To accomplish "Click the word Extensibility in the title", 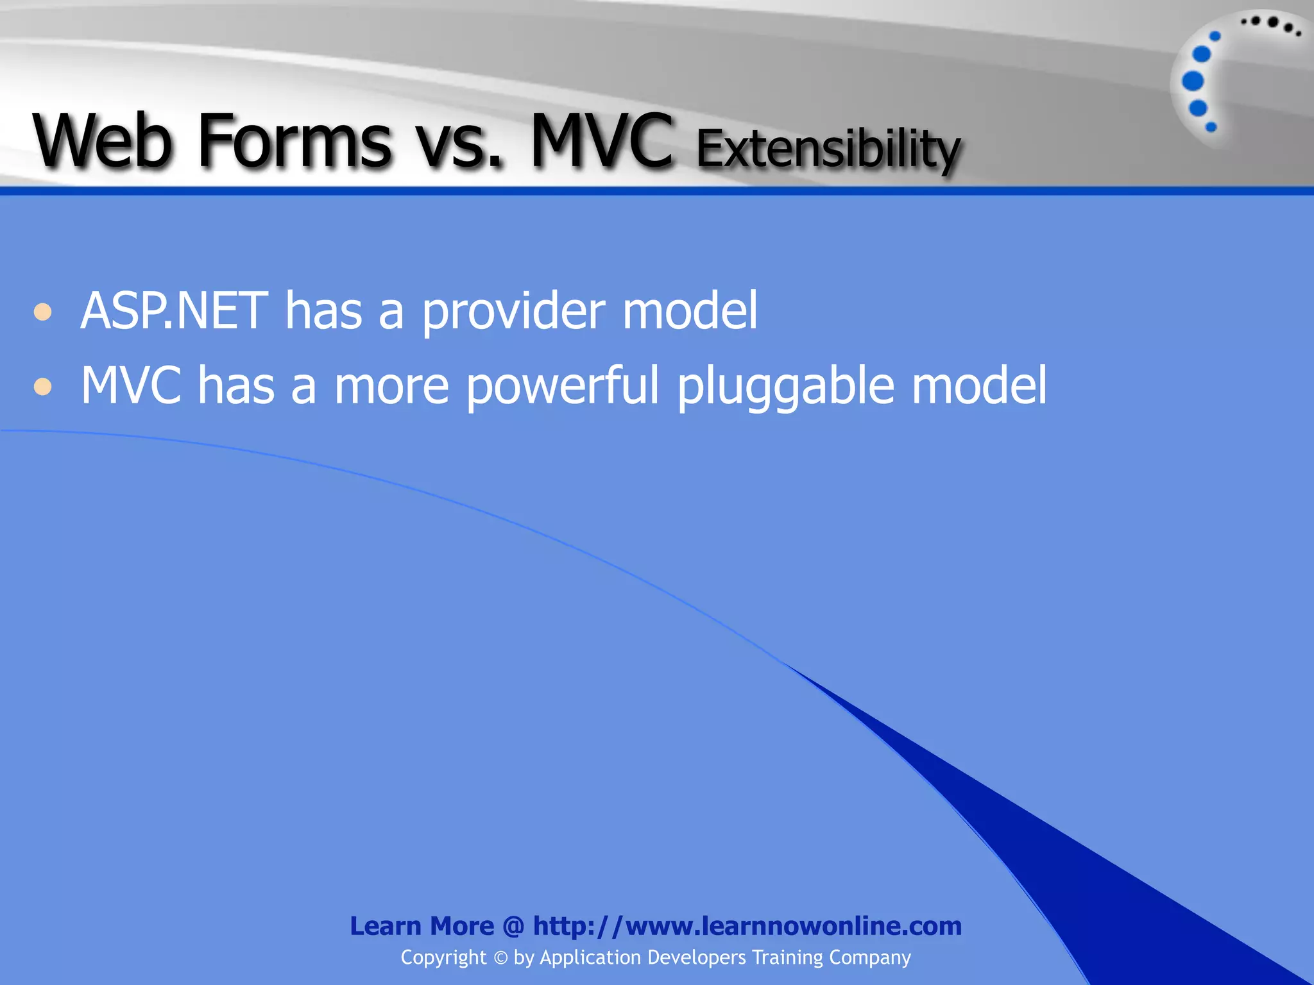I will [828, 149].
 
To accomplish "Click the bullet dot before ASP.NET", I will [43, 312].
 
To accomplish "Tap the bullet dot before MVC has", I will [43, 387].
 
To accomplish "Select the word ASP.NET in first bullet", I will [174, 311].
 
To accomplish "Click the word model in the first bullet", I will [690, 311].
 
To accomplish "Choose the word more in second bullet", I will [391, 387].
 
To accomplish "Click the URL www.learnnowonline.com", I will [793, 926].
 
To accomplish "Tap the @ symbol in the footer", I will [513, 927].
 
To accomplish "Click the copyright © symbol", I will [500, 958].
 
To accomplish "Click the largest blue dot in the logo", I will [1193, 81].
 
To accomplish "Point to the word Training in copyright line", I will [787, 957].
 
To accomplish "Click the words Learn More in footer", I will [422, 926].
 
